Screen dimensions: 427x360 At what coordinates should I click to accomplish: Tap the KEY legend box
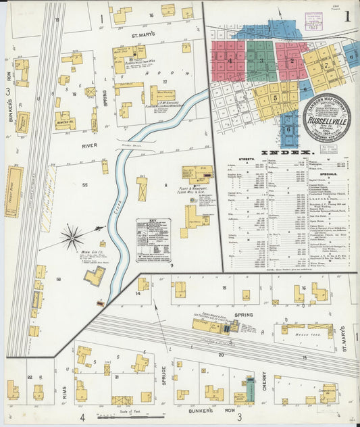pos(153,239)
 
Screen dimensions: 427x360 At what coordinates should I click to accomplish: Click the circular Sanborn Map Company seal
pos(327,117)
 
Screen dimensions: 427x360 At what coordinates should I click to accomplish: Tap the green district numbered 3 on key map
pos(261,60)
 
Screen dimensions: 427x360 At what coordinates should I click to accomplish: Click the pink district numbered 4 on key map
pos(230,61)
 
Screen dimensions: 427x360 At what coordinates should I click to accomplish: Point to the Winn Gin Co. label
pos(91,253)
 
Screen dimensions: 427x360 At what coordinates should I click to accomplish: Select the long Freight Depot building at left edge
pos(14,191)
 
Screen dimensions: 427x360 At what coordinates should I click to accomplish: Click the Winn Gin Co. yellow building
pos(95,276)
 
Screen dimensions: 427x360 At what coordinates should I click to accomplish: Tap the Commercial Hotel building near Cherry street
pos(327,393)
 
